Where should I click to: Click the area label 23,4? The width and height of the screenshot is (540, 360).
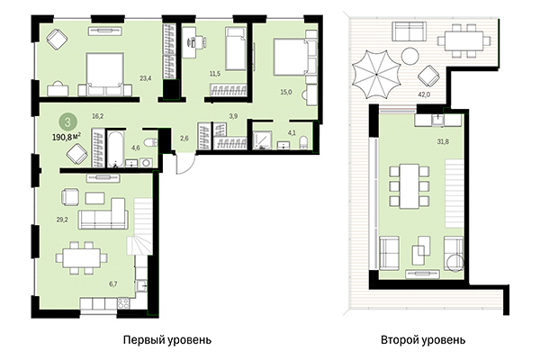point(145,78)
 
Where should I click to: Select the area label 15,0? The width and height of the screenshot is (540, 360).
point(286,90)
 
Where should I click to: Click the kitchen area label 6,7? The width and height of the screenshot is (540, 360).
point(113,283)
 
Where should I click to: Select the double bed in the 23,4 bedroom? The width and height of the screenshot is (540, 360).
point(103,73)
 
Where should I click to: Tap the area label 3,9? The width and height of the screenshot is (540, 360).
point(234,115)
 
